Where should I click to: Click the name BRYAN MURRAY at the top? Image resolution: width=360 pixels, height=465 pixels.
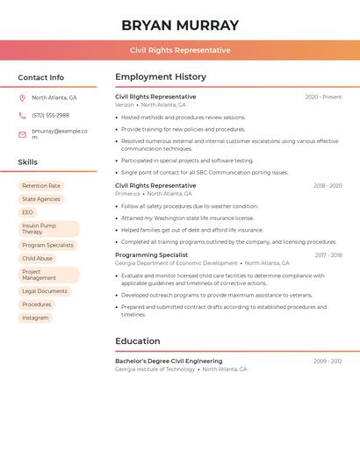[x=180, y=25]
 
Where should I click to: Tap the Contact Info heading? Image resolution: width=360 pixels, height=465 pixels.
[x=41, y=77]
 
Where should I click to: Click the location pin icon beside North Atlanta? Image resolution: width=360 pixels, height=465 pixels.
[x=22, y=98]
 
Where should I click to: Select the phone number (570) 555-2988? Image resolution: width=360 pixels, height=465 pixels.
[x=50, y=115]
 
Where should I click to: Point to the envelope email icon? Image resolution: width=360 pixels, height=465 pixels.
[x=22, y=134]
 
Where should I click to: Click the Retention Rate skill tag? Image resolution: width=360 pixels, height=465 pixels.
[x=41, y=186]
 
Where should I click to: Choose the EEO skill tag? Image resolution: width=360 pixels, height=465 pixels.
[x=28, y=212]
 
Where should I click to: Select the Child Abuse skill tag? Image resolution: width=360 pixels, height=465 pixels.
[x=37, y=259]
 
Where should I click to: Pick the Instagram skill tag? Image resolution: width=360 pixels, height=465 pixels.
[x=35, y=318]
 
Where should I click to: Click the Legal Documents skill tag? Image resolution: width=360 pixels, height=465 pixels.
[x=45, y=291]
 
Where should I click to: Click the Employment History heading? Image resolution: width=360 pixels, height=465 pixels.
[x=161, y=77]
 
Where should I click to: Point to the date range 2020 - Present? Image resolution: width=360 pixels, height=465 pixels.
[x=323, y=97]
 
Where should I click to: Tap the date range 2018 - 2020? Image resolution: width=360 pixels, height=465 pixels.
[x=328, y=186]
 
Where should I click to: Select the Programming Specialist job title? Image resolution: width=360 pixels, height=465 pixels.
[x=151, y=255]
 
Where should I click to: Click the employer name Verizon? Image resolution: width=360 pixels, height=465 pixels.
[x=125, y=104]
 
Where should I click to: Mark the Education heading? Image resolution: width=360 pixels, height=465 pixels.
[x=138, y=341]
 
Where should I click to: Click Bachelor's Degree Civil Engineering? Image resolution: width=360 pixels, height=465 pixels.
[x=169, y=361]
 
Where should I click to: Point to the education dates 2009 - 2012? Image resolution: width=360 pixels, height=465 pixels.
[x=328, y=361]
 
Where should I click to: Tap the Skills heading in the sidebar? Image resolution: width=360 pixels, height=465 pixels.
[x=28, y=162]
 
